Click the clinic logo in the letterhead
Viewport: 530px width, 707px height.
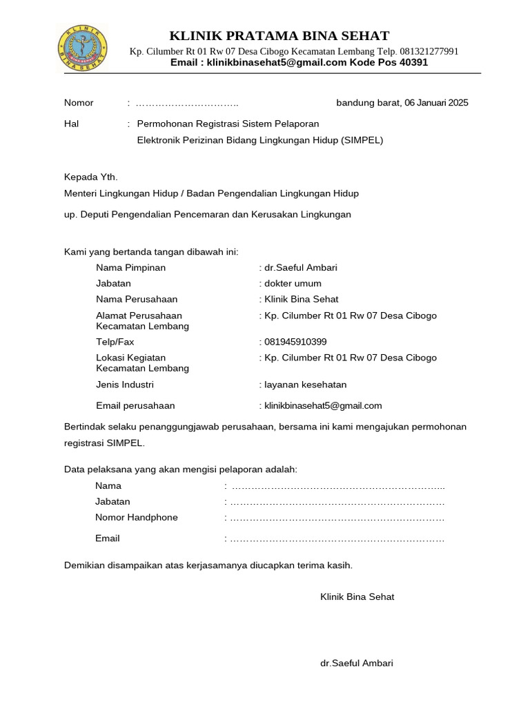81,49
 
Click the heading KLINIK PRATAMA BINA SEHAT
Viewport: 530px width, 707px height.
279,36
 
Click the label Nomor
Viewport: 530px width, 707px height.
79,103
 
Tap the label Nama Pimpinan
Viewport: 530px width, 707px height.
130,267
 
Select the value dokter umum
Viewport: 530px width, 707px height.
291,283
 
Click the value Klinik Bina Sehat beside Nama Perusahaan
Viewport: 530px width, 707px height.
300,299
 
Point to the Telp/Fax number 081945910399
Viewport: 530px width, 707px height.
295,342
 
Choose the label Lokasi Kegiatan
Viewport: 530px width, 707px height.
130,358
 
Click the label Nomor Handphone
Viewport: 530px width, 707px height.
136,517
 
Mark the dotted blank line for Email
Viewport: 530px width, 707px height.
337,539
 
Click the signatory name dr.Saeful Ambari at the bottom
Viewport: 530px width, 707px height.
356,663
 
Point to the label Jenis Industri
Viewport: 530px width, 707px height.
125,385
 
